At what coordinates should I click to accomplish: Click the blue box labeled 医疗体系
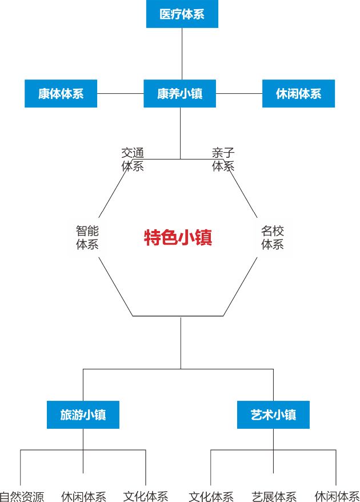tap(182, 14)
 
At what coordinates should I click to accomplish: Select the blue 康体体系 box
tap(61, 94)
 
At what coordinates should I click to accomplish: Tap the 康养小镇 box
tap(179, 94)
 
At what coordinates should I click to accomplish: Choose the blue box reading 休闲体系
tap(298, 94)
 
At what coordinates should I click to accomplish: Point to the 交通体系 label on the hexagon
tap(133, 160)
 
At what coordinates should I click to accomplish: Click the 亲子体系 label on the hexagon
tap(223, 160)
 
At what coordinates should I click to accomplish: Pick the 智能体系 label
tap(87, 238)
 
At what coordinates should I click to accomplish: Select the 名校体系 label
tap(273, 238)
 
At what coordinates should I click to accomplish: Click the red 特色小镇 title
tap(178, 237)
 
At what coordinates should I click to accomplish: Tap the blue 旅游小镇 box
tap(83, 415)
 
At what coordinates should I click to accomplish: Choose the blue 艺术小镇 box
tap(273, 415)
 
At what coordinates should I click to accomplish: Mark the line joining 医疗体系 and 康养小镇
tap(182, 54)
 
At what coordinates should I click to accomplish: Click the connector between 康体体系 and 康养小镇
tap(120, 94)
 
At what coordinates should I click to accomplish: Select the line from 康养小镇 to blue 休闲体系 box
tap(239, 94)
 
